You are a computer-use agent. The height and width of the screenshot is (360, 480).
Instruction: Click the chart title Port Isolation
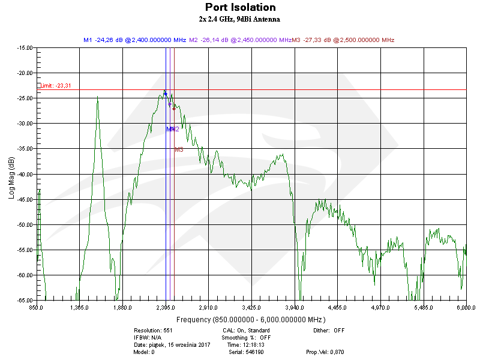[240, 8]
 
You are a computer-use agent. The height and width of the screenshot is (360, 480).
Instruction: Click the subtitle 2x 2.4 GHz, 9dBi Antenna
[240, 19]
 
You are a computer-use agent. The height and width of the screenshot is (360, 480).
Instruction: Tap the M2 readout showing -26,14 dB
[240, 40]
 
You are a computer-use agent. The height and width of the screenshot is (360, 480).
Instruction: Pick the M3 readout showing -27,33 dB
[343, 40]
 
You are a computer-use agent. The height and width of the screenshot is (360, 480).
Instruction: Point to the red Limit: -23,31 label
[56, 86]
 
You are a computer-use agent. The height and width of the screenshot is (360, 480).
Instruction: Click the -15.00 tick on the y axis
[25, 48]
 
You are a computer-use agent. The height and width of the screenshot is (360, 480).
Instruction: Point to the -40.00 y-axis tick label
[25, 174]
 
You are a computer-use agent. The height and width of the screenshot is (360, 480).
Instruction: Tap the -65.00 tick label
[25, 300]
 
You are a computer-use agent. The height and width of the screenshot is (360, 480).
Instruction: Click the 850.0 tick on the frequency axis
[37, 307]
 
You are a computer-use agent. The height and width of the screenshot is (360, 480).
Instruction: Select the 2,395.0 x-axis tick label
[165, 307]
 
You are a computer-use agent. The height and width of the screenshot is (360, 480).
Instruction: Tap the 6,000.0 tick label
[466, 307]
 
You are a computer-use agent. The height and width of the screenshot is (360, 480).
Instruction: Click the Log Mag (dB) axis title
[11, 178]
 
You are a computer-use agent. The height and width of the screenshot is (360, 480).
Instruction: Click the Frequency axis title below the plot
[250, 319]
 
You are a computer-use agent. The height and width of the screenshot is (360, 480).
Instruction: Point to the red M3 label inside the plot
[179, 149]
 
